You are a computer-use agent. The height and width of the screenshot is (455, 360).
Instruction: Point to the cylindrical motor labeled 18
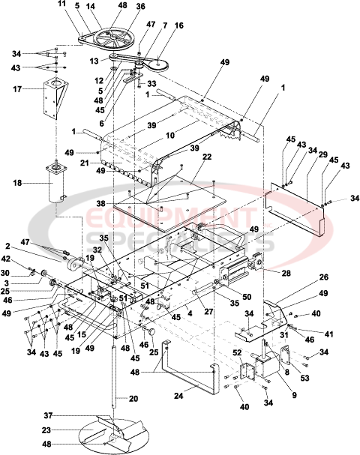click(x=55, y=184)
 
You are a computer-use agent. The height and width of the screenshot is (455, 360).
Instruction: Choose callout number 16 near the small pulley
click(x=178, y=25)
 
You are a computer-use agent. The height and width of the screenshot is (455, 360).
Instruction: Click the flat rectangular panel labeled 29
click(x=298, y=211)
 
